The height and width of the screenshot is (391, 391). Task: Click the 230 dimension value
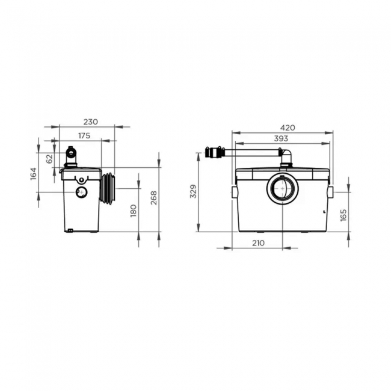pos(90,122)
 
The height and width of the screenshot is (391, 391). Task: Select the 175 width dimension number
pos(84,136)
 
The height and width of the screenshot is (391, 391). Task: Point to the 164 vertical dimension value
pos(34,173)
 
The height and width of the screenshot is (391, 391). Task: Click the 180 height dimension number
pos(134,210)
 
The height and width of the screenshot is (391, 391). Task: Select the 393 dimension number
pos(281,138)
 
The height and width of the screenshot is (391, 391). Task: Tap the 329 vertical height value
pos(193,192)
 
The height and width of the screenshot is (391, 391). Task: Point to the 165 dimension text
pos(343,215)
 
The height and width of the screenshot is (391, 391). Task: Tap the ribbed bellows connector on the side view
pos(109,188)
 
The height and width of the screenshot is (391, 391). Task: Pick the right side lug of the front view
pos(330,192)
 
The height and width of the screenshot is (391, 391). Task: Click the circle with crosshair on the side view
pos(79,192)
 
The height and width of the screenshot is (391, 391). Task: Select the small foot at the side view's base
pos(70,229)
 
